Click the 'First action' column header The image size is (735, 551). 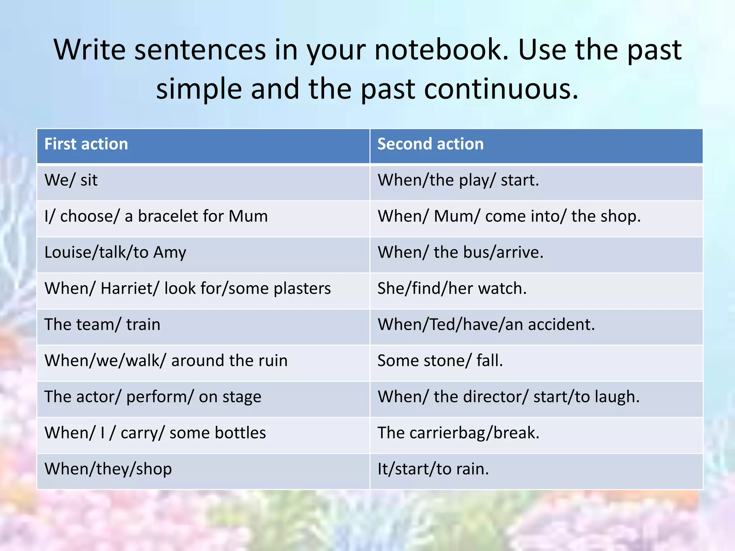click(x=86, y=144)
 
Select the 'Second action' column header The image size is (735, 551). click(x=430, y=144)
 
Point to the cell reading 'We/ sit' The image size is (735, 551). click(x=71, y=180)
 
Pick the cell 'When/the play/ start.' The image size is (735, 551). click(x=458, y=180)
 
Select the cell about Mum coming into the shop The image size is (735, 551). click(x=509, y=216)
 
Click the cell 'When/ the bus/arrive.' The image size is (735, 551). click(x=460, y=252)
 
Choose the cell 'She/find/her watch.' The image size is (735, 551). click(x=452, y=288)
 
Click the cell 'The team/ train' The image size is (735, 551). click(x=102, y=324)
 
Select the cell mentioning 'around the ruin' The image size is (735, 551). click(x=166, y=361)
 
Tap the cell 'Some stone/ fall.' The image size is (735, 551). click(x=440, y=361)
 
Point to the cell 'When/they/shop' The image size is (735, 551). click(x=108, y=469)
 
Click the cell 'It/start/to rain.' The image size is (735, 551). click(x=433, y=469)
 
